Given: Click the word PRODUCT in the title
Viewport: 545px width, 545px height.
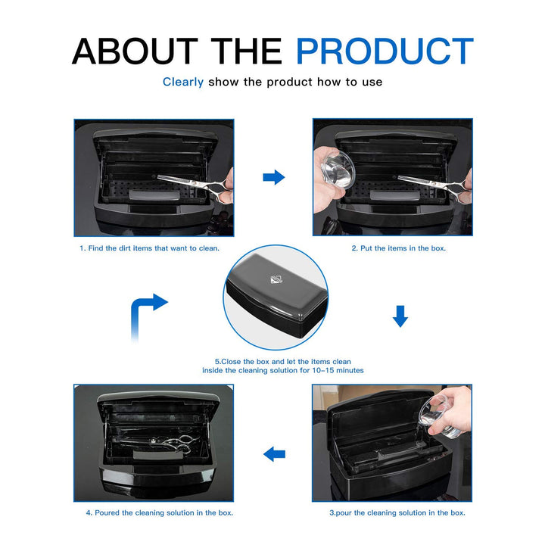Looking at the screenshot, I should click(x=385, y=51).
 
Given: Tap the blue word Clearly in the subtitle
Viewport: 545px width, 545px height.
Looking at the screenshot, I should click(x=182, y=82).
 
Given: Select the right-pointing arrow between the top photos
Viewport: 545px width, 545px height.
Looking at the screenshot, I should click(x=273, y=177).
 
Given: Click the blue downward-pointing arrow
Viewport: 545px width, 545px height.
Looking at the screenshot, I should click(x=400, y=316).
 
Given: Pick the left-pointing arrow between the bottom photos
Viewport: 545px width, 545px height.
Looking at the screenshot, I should click(x=273, y=454).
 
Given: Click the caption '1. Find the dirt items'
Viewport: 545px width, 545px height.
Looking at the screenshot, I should click(x=151, y=248).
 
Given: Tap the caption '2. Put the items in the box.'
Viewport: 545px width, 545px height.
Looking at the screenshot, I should click(x=398, y=248).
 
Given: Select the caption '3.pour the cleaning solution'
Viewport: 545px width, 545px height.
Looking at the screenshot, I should click(x=397, y=512).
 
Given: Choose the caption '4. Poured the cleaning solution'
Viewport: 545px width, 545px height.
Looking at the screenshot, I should click(x=159, y=512).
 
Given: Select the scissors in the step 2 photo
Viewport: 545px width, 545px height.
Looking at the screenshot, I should click(x=428, y=182).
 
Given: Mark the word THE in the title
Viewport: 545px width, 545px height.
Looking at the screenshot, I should click(x=248, y=51).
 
